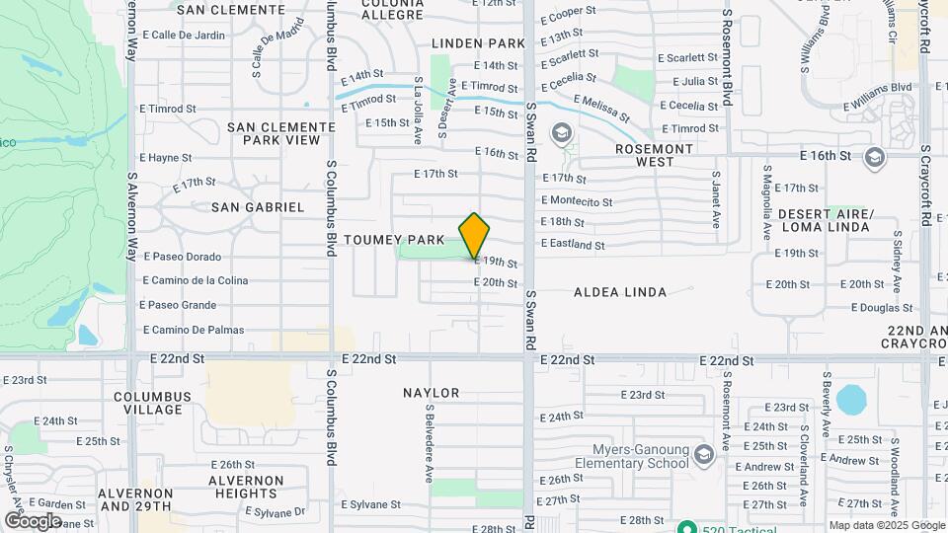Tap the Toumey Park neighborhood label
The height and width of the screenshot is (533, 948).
394,240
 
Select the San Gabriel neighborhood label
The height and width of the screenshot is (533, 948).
258,207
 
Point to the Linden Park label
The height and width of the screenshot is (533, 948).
479,43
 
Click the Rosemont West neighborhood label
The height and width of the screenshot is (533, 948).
654,155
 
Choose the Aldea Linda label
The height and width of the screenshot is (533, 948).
620,292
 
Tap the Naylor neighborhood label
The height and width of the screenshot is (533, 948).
432,393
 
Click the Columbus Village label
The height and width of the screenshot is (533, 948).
151,404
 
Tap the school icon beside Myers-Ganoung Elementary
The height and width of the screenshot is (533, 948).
703,455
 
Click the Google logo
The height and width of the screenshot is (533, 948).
34,520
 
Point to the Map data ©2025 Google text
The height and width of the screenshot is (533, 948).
886,525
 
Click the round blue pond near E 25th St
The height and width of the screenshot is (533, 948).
850,400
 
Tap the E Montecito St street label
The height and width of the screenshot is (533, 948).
576,201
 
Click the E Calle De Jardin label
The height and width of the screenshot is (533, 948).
182,35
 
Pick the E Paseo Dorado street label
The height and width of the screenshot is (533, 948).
182,257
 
